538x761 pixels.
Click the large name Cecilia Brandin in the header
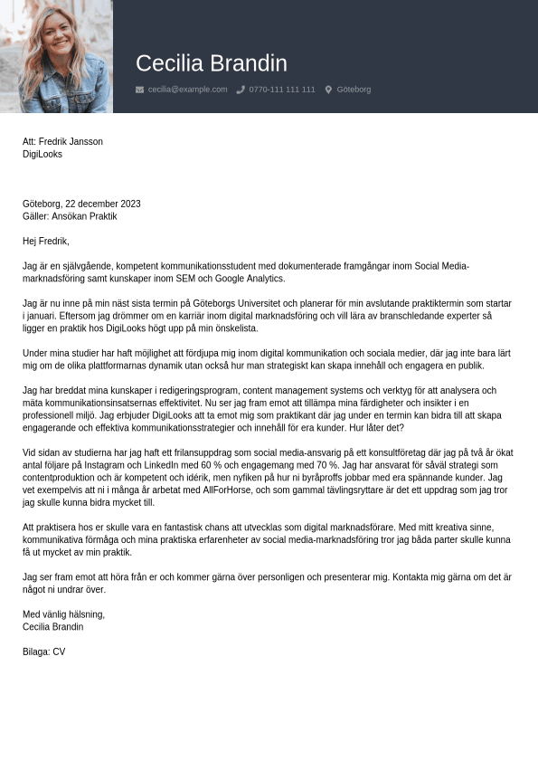(x=211, y=63)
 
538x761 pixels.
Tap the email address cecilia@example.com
(x=187, y=90)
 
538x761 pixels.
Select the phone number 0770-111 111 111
(x=282, y=90)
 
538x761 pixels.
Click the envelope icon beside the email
(x=139, y=90)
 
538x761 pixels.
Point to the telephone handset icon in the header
(x=241, y=90)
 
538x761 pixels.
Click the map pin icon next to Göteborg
(x=328, y=90)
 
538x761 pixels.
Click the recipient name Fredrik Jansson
(x=71, y=142)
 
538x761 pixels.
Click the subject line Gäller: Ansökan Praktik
(x=70, y=216)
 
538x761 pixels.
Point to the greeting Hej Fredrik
(x=45, y=242)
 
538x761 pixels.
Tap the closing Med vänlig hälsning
(x=63, y=614)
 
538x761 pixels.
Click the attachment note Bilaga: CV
(x=43, y=652)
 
